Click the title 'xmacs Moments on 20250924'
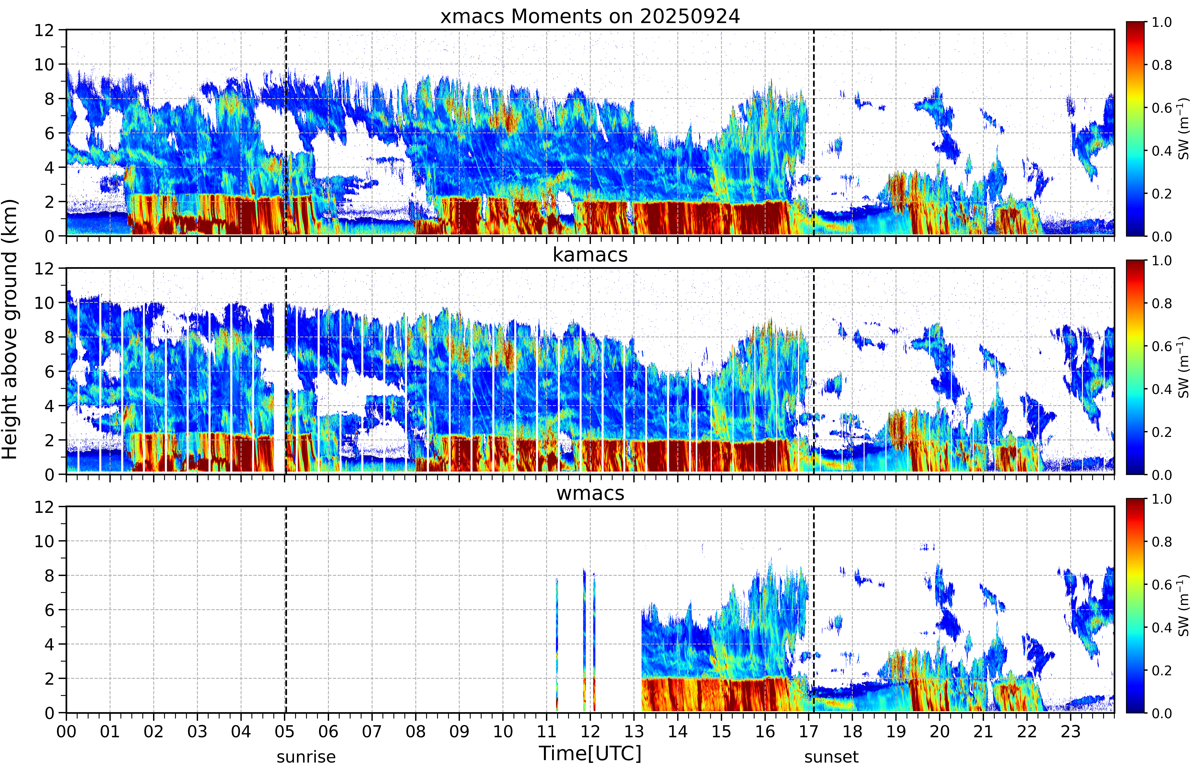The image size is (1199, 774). pos(590,17)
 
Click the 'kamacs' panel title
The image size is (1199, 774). pos(590,255)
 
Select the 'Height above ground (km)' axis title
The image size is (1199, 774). pos(10,329)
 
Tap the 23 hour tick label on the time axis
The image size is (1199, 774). pos(1071,731)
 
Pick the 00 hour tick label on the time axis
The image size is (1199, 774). pos(66,731)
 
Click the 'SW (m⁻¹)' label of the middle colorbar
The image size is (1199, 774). pos(1183,367)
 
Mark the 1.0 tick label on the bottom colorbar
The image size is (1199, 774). pos(1161,499)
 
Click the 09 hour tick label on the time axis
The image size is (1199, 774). pos(459,731)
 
